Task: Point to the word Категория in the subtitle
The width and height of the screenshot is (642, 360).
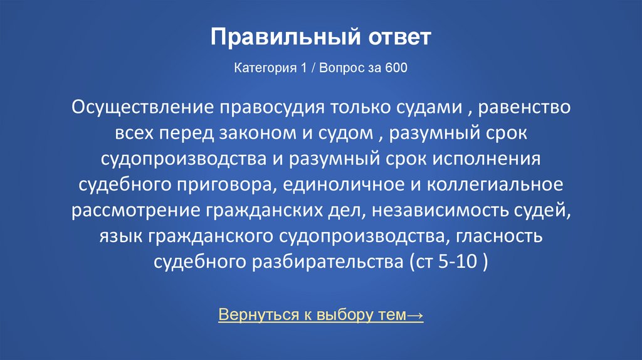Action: pos(260,68)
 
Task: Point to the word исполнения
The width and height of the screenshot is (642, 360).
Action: pos(487,159)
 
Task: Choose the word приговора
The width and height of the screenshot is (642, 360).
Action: pos(229,184)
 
